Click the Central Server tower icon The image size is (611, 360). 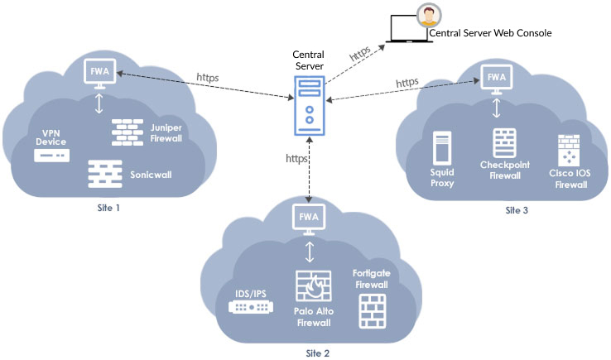click(x=310, y=106)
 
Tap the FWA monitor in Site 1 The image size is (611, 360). click(x=99, y=74)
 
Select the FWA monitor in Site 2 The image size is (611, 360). click(x=309, y=219)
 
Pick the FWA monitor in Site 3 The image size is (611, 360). click(x=497, y=79)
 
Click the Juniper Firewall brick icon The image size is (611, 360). click(x=127, y=132)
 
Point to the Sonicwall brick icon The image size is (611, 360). click(x=105, y=174)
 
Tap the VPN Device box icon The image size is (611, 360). click(x=52, y=156)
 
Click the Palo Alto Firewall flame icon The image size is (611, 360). click(x=314, y=286)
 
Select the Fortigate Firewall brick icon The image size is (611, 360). click(x=373, y=311)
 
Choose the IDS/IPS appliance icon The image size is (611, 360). click(x=251, y=307)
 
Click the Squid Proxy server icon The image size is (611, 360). click(x=442, y=148)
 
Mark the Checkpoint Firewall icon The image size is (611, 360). click(x=505, y=143)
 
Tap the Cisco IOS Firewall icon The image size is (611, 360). click(x=569, y=151)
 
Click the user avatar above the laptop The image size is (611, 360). click(x=429, y=16)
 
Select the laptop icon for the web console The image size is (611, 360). click(x=409, y=29)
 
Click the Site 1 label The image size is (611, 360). click(x=108, y=208)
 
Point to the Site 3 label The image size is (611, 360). click(x=517, y=210)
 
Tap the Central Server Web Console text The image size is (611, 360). click(x=490, y=33)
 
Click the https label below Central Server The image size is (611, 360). click(x=296, y=159)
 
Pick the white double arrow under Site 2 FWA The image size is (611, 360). click(x=310, y=252)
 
